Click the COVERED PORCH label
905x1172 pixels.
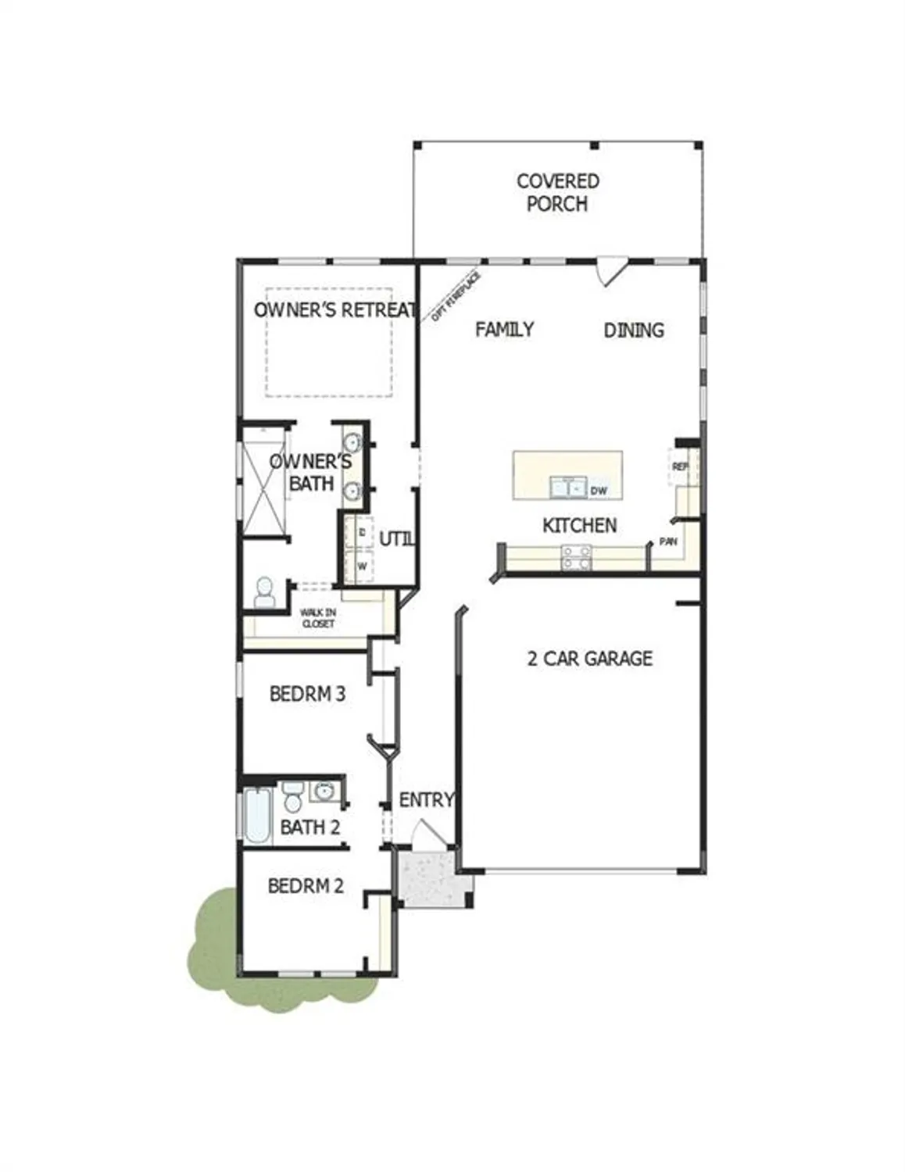(557, 192)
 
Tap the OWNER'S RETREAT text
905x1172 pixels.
(334, 309)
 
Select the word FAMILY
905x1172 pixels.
(504, 329)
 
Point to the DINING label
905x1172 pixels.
(633, 330)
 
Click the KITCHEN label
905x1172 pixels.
(579, 525)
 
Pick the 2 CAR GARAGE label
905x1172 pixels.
(589, 659)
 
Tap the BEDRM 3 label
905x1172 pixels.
(306, 694)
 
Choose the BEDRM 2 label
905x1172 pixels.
(305, 886)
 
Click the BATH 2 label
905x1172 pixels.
(309, 827)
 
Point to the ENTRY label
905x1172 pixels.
(426, 800)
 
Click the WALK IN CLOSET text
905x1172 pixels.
(317, 618)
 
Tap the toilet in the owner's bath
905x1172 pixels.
(264, 593)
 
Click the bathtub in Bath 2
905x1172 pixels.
(256, 816)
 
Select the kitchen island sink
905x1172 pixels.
(568, 488)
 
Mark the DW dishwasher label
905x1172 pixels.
(599, 491)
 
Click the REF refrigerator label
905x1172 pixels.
(679, 466)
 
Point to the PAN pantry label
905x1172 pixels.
(668, 541)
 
